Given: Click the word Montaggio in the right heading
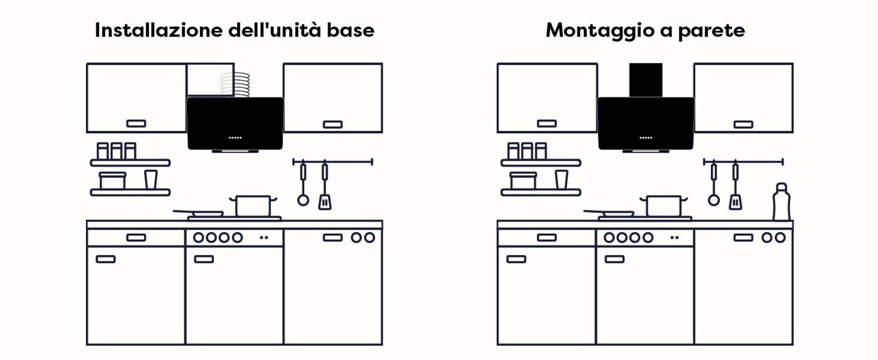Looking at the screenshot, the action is click(x=600, y=31).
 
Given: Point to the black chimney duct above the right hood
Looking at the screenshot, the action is click(x=646, y=80).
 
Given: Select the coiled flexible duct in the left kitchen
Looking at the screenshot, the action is click(x=235, y=84).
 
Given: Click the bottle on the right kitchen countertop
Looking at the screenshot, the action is click(x=781, y=202).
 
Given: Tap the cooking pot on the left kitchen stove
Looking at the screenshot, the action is click(x=253, y=205).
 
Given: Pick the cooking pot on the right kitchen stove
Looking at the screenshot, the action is click(x=664, y=205).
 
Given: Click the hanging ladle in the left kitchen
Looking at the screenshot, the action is click(x=303, y=184).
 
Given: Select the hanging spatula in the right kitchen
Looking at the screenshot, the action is click(x=735, y=187).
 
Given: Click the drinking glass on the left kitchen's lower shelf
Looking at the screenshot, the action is click(x=151, y=179).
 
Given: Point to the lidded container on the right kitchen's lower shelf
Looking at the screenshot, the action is click(x=523, y=180).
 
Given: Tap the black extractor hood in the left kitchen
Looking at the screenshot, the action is click(x=235, y=124).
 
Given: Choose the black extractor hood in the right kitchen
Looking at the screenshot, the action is click(x=646, y=124).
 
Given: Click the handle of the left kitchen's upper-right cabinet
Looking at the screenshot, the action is click(x=333, y=124).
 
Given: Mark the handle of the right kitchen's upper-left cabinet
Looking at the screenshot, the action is click(x=547, y=123).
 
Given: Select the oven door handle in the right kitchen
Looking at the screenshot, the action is click(x=615, y=259).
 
